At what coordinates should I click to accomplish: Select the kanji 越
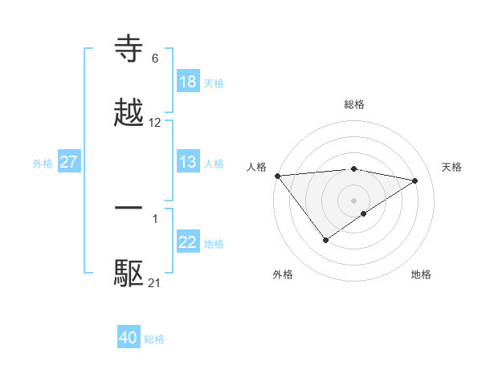point(129,113)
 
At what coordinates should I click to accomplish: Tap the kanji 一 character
point(129,208)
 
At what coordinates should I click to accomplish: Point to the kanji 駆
point(129,274)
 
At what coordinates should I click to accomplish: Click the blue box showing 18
point(188,82)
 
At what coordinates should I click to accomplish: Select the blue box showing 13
point(188,162)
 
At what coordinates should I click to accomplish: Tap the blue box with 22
point(188,243)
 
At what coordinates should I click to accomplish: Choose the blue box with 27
point(69,162)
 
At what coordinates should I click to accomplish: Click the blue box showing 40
point(129,338)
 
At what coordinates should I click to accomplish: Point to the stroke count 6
point(155,58)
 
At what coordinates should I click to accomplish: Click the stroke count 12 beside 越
point(155,123)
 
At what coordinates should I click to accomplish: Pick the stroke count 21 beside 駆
point(155,282)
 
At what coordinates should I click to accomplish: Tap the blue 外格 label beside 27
point(43,163)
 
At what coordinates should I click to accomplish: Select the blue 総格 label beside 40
point(154,339)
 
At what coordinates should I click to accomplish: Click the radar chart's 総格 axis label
point(354,104)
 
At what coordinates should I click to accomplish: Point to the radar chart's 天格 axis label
point(452,167)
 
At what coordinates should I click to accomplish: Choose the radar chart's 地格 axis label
point(421,274)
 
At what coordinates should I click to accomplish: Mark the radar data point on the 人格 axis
point(277,176)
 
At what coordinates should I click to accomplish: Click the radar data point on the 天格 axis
point(415,180)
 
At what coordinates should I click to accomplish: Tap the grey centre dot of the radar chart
point(354,200)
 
